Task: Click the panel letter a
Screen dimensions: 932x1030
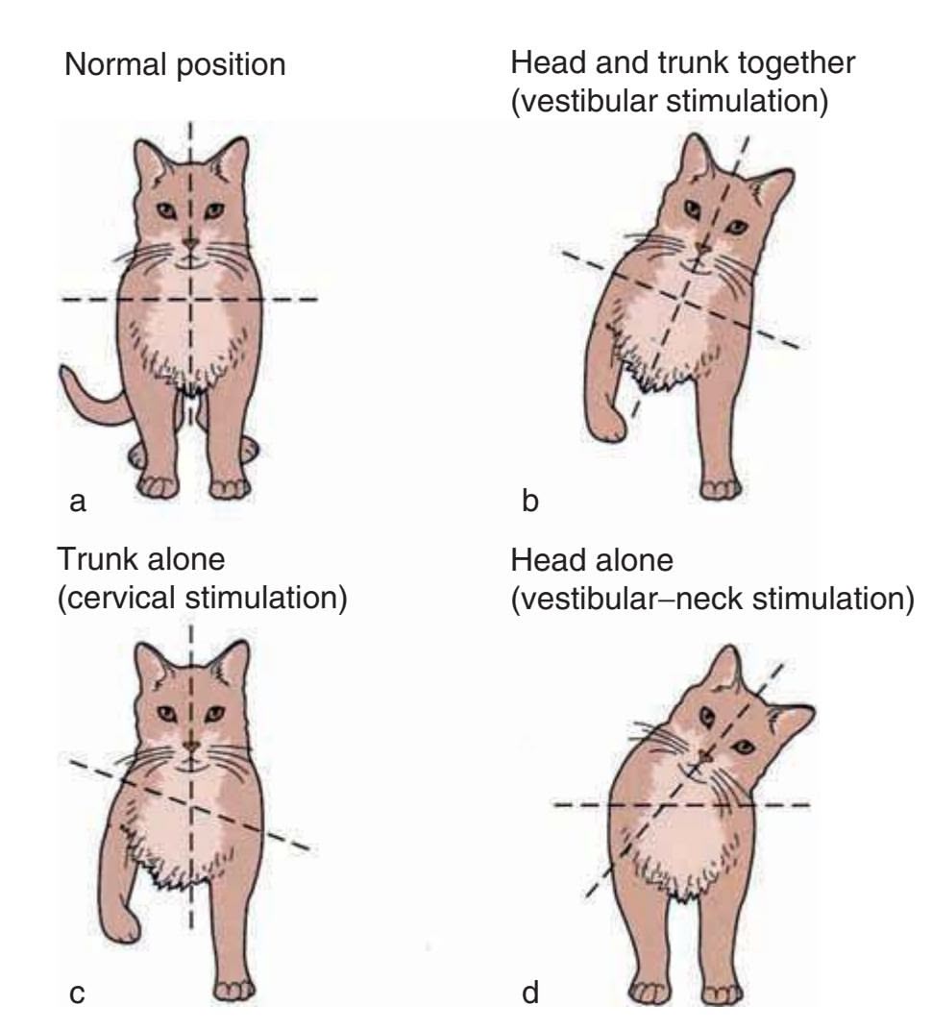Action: pos(78,502)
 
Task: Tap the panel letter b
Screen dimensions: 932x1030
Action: pos(530,501)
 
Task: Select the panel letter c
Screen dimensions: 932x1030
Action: pos(77,994)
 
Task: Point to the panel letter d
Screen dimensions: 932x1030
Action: pos(530,992)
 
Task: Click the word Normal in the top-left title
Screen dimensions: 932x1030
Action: pos(115,65)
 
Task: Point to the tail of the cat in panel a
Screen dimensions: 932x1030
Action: pos(92,402)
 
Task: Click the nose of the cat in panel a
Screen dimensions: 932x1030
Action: pos(190,244)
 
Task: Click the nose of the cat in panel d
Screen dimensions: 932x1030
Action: pos(704,757)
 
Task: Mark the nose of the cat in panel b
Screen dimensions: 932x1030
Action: pos(702,249)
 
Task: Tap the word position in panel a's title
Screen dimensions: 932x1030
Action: pos(232,65)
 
